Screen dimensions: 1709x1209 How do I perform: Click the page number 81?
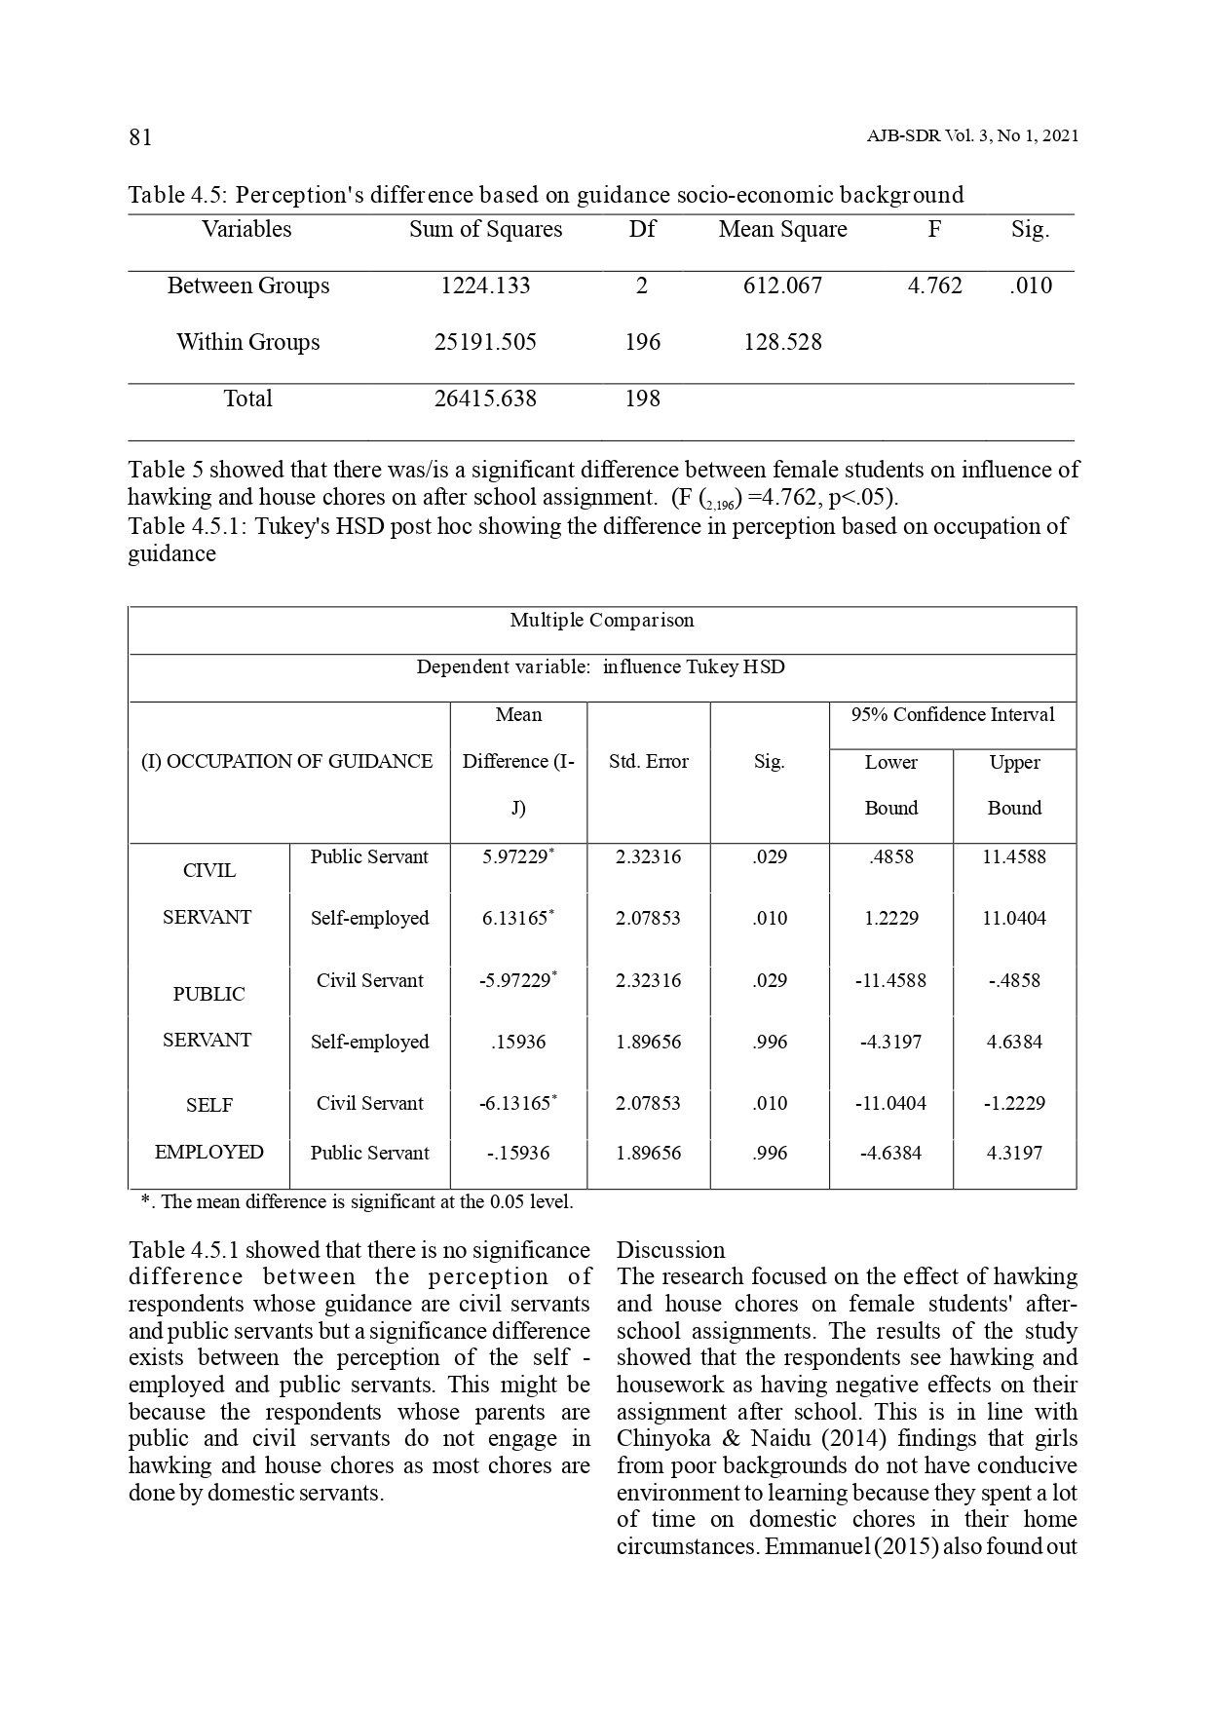[140, 136]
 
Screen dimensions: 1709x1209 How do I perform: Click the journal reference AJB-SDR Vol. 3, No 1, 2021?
[971, 136]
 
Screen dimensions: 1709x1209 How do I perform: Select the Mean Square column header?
[782, 229]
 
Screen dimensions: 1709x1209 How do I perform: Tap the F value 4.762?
[934, 285]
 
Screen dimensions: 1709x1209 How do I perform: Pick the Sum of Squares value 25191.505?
[485, 342]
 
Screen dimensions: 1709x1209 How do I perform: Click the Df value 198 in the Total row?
[642, 399]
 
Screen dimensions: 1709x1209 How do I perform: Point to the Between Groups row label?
[248, 285]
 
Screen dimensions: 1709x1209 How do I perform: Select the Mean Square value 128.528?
[782, 342]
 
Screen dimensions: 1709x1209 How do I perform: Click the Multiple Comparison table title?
[602, 621]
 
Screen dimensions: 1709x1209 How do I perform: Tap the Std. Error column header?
[649, 761]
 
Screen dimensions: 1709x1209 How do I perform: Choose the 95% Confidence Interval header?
[953, 714]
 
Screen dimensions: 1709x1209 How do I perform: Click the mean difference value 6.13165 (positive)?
[516, 918]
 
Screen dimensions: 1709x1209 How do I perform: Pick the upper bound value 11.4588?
[1014, 856]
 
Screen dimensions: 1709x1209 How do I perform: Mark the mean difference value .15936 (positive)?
[518, 1042]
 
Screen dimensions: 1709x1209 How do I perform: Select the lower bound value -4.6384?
[890, 1153]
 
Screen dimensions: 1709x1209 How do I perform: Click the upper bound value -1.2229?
[1014, 1103]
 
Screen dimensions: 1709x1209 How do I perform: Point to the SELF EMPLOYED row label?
[209, 1128]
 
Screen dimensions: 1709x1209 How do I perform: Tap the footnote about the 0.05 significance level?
[358, 1201]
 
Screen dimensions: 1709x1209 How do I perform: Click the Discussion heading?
[671, 1250]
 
